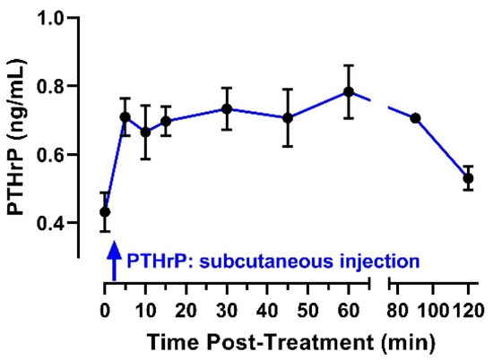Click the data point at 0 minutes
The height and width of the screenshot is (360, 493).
[x=105, y=212]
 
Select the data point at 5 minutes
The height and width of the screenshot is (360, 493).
[x=125, y=117]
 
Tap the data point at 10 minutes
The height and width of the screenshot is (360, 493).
[x=145, y=133]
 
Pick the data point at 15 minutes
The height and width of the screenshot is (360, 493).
[x=166, y=121]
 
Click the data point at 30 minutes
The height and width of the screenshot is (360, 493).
[x=227, y=109]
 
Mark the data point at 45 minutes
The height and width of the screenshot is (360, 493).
[x=288, y=118]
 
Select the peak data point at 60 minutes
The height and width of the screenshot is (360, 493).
[x=349, y=92]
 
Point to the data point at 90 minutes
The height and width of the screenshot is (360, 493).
[x=416, y=118]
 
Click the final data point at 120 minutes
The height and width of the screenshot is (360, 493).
[x=468, y=178]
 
